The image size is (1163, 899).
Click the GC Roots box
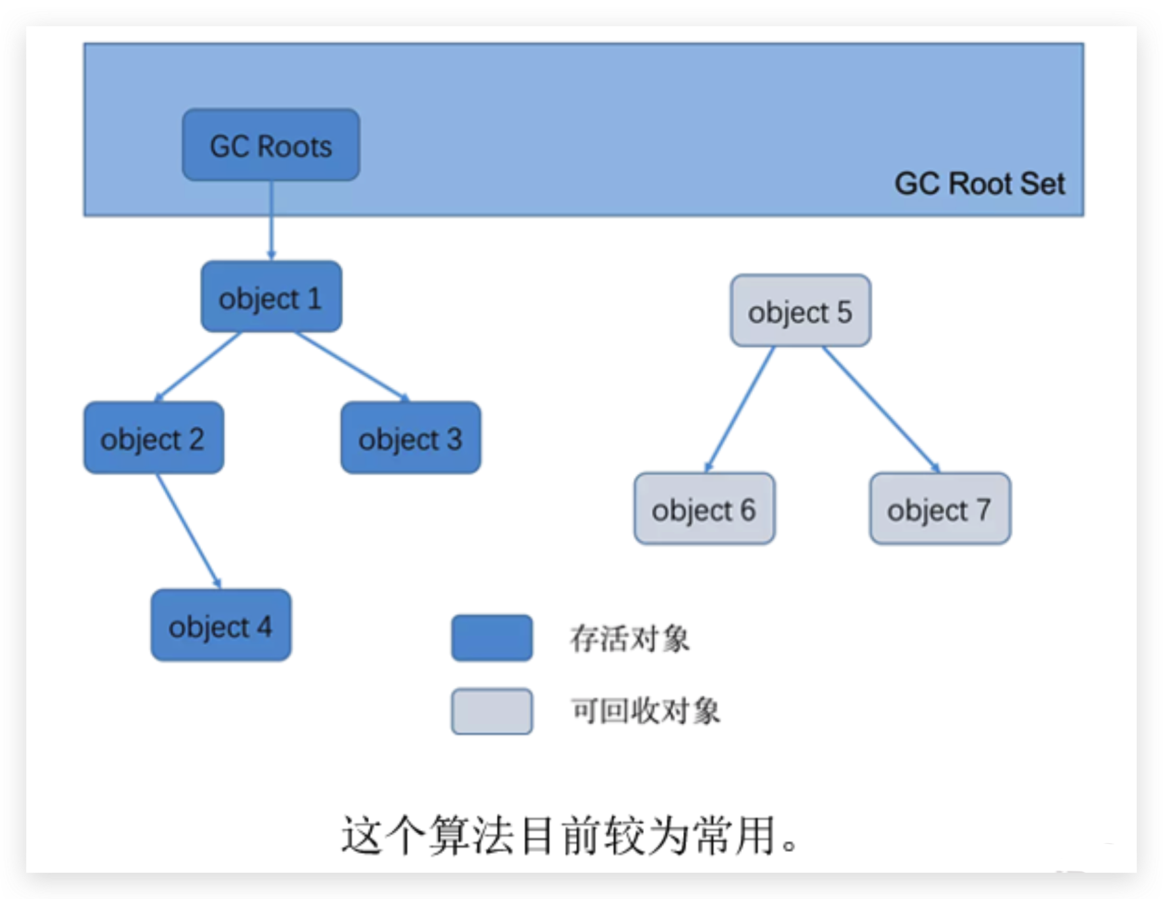[270, 145]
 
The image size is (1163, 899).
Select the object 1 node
[270, 297]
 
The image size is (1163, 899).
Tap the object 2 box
[154, 438]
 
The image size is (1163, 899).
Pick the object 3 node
[410, 438]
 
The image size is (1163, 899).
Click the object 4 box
[221, 625]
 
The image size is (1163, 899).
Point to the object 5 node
[800, 311]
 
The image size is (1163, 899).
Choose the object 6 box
[704, 509]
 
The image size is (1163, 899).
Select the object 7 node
[939, 509]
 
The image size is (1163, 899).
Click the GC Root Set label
[979, 184]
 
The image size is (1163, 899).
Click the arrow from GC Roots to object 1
[271, 220]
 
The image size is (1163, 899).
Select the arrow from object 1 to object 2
[199, 366]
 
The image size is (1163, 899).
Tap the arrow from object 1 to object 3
[352, 366]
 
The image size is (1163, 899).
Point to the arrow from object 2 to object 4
[188, 530]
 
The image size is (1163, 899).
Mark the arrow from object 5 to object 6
[740, 408]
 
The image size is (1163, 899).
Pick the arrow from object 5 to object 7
[881, 408]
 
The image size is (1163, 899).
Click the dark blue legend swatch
[492, 638]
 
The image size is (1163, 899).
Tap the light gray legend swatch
[492, 711]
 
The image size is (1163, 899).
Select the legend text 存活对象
[629, 638]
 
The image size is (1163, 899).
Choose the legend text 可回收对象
[645, 711]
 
